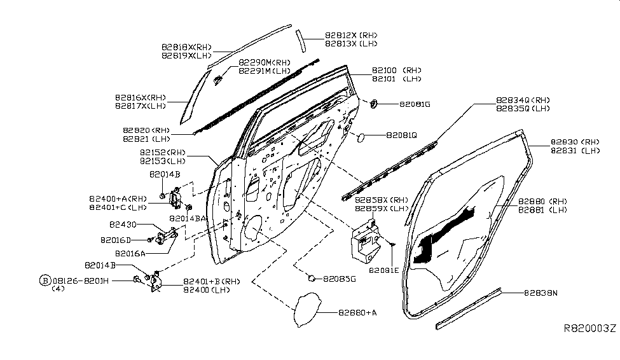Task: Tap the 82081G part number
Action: pyautogui.click(x=415, y=104)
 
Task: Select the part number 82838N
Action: pyautogui.click(x=541, y=293)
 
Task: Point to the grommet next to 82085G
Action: pyautogui.click(x=312, y=278)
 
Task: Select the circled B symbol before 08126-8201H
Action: pyautogui.click(x=45, y=280)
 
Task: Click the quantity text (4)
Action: pyautogui.click(x=58, y=289)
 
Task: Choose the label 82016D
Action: pyautogui.click(x=115, y=240)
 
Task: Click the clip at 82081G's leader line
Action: pyautogui.click(x=373, y=102)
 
